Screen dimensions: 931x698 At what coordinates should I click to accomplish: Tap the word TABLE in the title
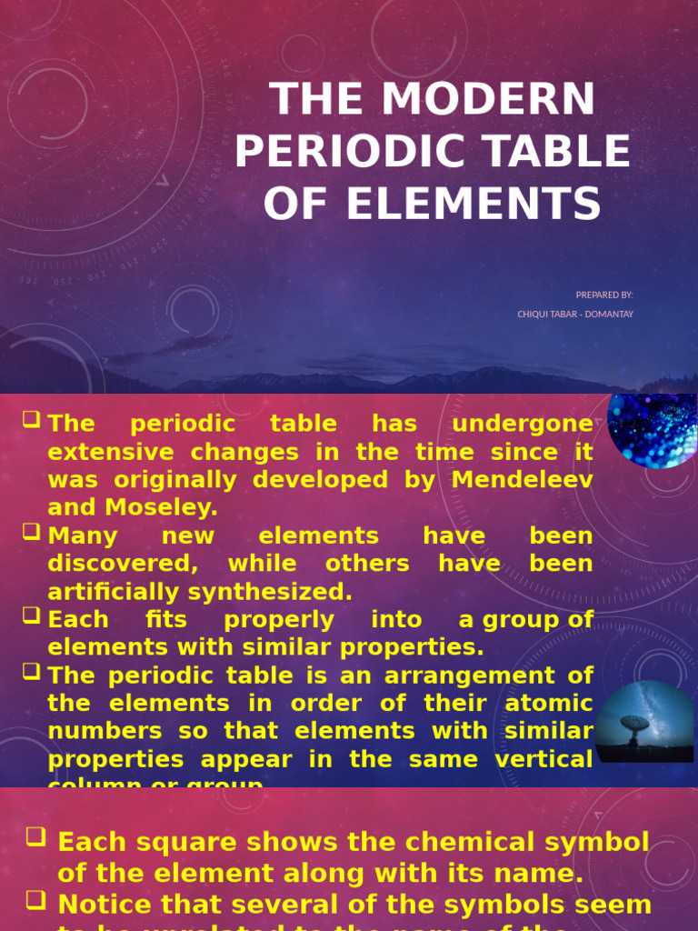coord(557,152)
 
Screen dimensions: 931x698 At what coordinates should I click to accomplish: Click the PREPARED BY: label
coord(604,295)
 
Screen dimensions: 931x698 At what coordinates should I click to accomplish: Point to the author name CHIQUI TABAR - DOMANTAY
coord(575,315)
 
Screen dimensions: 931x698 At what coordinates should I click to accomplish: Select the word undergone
coord(522,424)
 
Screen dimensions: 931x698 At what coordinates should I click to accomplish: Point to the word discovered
coord(122,564)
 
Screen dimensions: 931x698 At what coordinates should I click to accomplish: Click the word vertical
coord(543,759)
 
